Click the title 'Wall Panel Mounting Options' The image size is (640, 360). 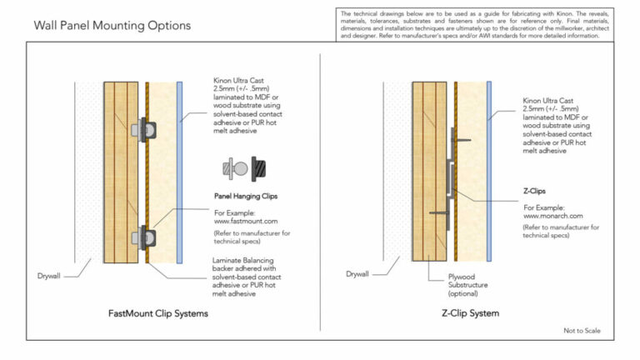(112, 26)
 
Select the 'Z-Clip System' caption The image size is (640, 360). (470, 314)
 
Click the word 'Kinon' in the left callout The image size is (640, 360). (225, 82)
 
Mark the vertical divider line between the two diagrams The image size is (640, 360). (322, 192)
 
